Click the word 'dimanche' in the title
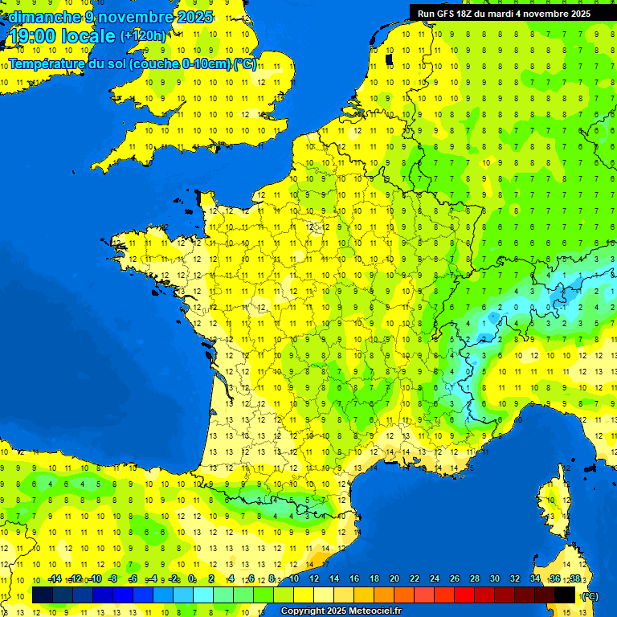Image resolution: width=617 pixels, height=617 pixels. point(44,16)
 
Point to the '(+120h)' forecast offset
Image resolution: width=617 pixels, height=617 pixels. point(143,35)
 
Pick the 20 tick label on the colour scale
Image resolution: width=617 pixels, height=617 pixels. point(394,579)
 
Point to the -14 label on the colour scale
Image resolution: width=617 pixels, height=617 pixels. point(55,579)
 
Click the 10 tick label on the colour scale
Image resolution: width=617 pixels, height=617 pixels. point(293,579)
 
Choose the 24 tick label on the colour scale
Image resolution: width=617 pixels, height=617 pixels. point(434,579)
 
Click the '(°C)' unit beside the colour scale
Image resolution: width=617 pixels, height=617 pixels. point(589,595)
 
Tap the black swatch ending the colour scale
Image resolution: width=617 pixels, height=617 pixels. point(565,595)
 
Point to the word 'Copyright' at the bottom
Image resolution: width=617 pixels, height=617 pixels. point(304,611)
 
